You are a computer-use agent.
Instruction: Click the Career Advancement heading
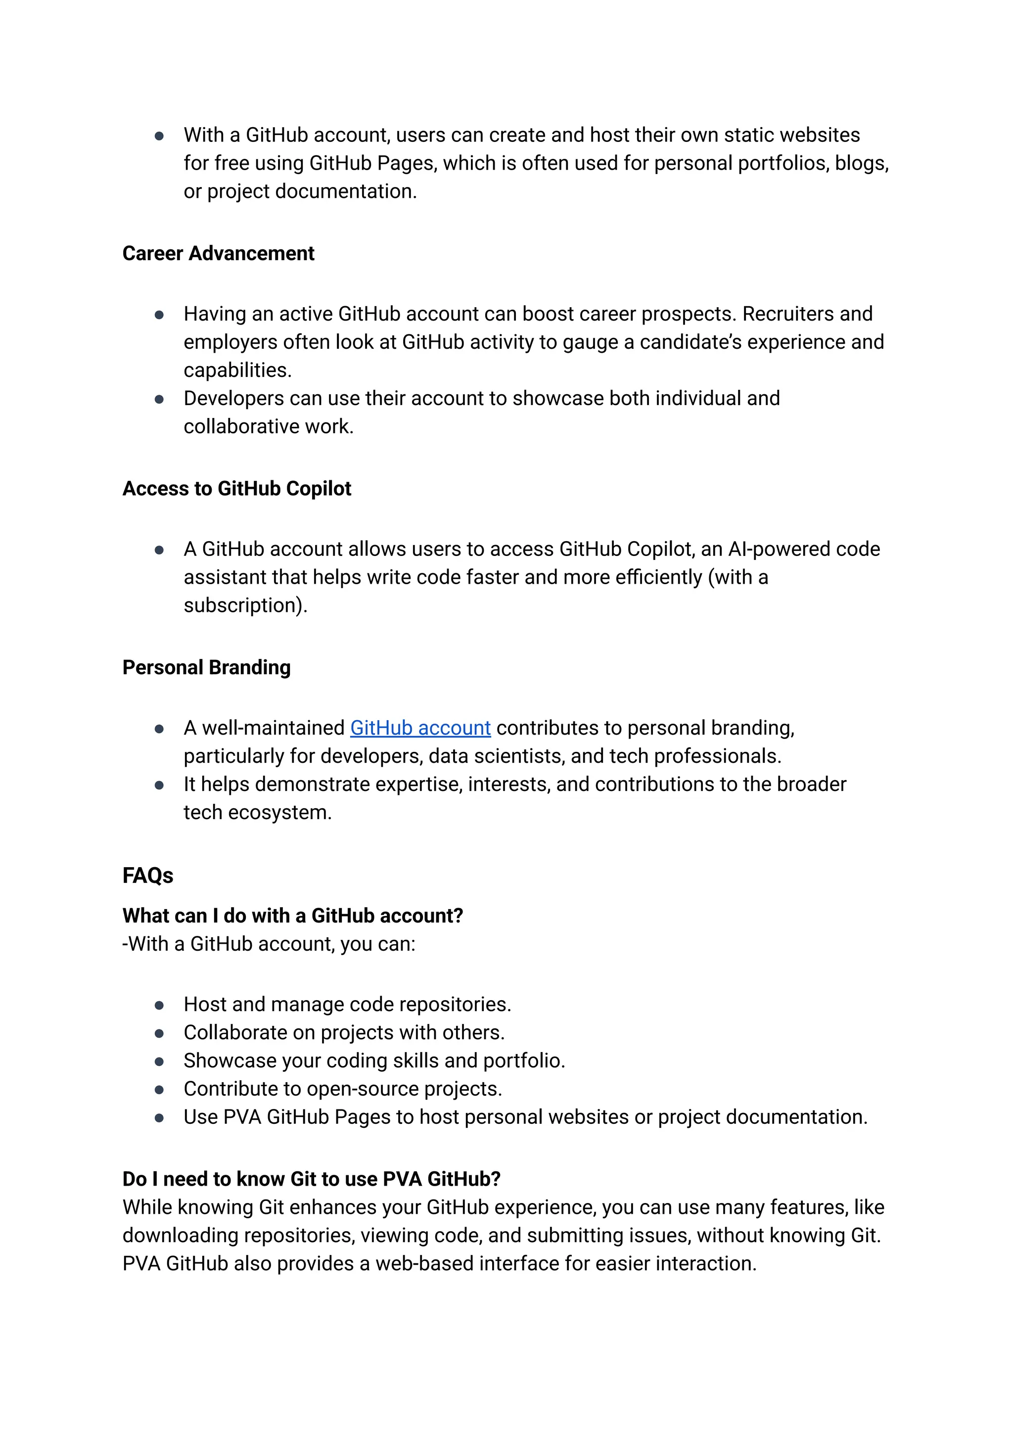click(218, 253)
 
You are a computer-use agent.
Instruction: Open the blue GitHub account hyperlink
click(420, 728)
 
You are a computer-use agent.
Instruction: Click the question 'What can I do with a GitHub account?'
click(292, 916)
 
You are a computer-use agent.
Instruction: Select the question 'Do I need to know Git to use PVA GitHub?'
click(311, 1179)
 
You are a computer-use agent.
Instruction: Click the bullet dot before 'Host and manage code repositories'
click(159, 1006)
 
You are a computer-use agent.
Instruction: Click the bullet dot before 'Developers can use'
click(159, 399)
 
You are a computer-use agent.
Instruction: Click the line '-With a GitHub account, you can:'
click(268, 944)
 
